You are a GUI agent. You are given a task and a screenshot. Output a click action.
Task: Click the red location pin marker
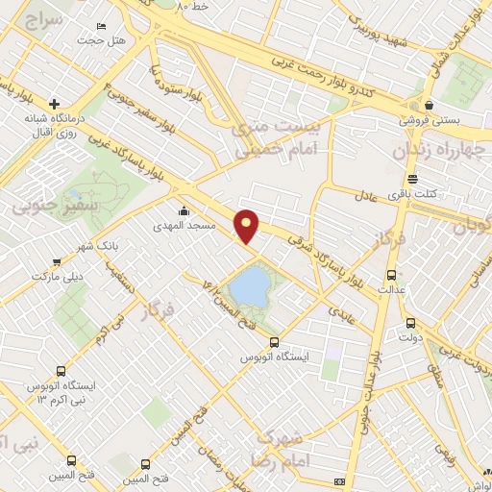[x=248, y=225]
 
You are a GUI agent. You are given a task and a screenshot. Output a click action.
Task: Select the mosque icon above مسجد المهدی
[x=184, y=210]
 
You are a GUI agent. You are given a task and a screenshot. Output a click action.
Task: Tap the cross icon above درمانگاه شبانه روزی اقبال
[x=55, y=103]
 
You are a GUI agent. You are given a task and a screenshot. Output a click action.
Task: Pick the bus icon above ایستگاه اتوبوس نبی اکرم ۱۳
[x=61, y=371]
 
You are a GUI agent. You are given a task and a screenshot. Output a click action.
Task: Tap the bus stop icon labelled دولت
[x=411, y=323]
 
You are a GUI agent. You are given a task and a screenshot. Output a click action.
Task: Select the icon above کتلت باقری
[x=412, y=180]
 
